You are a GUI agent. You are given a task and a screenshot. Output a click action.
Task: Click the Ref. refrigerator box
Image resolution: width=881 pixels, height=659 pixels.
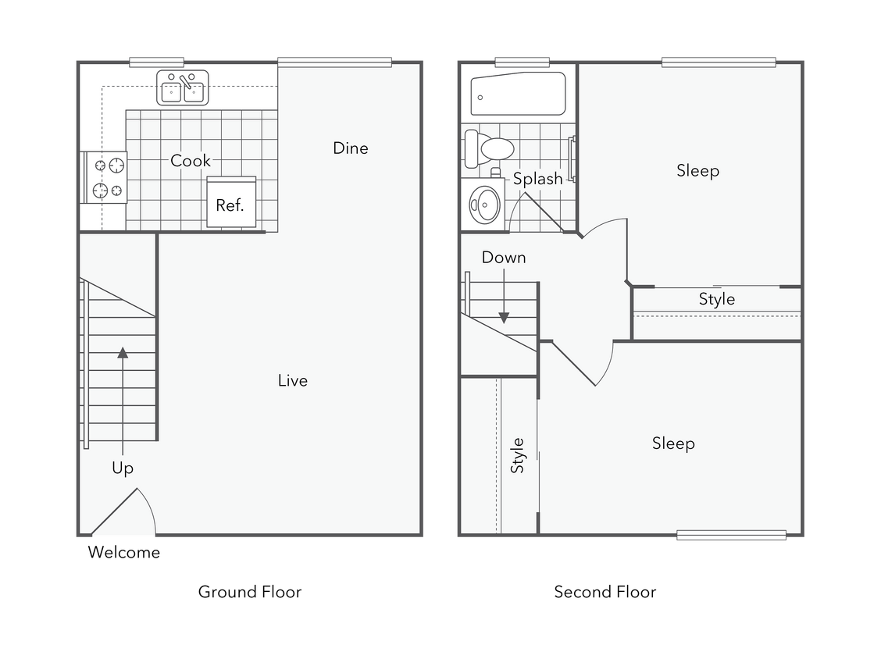pyautogui.click(x=231, y=203)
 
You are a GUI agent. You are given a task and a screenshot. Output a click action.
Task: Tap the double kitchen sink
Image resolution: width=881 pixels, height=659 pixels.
pyautogui.click(x=183, y=87)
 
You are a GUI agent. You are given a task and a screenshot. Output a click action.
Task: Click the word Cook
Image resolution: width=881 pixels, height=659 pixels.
pyautogui.click(x=191, y=161)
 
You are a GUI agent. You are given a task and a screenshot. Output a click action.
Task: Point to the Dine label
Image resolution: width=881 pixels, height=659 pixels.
pyautogui.click(x=350, y=148)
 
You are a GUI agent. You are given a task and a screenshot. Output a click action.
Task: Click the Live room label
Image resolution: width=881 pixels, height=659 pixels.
pyautogui.click(x=293, y=381)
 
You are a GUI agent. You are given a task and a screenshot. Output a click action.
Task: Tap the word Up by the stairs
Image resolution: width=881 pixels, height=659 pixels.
pyautogui.click(x=123, y=468)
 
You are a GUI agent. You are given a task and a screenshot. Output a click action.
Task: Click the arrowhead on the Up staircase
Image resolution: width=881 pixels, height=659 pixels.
pyautogui.click(x=123, y=352)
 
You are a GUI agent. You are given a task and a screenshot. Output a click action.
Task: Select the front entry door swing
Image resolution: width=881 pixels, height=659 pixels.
pyautogui.click(x=125, y=515)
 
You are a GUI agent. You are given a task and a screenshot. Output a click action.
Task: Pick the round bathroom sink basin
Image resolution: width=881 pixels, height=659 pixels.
pyautogui.click(x=483, y=205)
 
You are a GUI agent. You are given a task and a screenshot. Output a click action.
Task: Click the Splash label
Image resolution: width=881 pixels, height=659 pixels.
pyautogui.click(x=538, y=180)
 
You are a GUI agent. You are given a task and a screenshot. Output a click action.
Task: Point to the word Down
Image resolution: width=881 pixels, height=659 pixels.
pyautogui.click(x=504, y=258)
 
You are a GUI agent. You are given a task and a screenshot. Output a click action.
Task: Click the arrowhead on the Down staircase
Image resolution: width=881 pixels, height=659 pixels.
pyautogui.click(x=504, y=318)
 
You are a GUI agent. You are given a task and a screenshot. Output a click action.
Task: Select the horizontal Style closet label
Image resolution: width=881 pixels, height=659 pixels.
pyautogui.click(x=716, y=299)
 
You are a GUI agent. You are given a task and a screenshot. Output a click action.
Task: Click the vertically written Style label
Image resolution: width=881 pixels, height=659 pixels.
pyautogui.click(x=517, y=455)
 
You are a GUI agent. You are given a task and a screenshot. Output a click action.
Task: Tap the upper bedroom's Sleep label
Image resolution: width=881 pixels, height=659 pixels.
pyautogui.click(x=697, y=171)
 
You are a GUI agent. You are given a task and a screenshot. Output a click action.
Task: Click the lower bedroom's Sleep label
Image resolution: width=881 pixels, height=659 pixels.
pyautogui.click(x=673, y=443)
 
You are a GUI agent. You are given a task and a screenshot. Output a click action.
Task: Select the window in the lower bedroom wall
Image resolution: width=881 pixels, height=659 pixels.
pyautogui.click(x=731, y=536)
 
